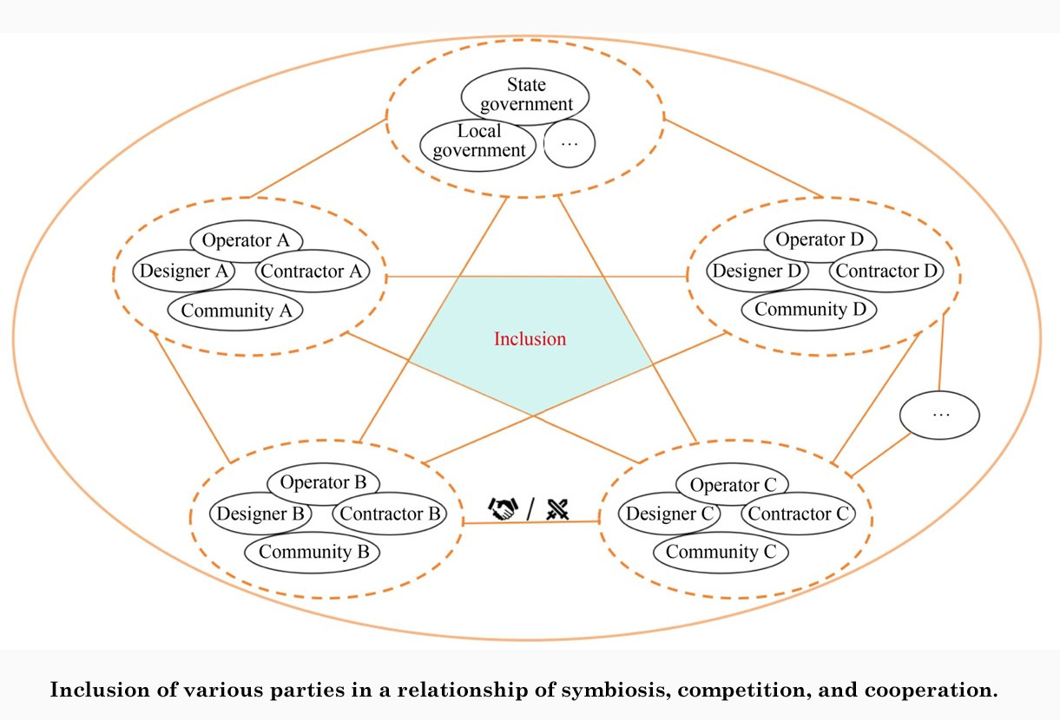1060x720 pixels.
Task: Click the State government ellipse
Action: (x=526, y=95)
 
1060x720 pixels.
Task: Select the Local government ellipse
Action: (x=478, y=141)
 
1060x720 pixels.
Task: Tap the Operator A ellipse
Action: (x=246, y=240)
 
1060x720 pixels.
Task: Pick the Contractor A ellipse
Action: (x=312, y=272)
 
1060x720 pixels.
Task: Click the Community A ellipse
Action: (x=234, y=310)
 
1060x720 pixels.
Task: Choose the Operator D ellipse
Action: (x=820, y=240)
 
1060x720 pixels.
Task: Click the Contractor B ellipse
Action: (x=391, y=514)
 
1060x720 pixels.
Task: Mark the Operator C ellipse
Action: (x=732, y=485)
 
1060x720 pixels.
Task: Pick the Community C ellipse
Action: (x=720, y=552)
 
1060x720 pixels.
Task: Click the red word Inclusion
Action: (x=530, y=339)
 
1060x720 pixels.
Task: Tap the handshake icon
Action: (x=503, y=509)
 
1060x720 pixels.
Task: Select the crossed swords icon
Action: (x=557, y=509)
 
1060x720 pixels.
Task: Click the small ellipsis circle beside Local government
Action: (x=570, y=144)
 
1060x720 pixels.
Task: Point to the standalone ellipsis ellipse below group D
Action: (x=940, y=416)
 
